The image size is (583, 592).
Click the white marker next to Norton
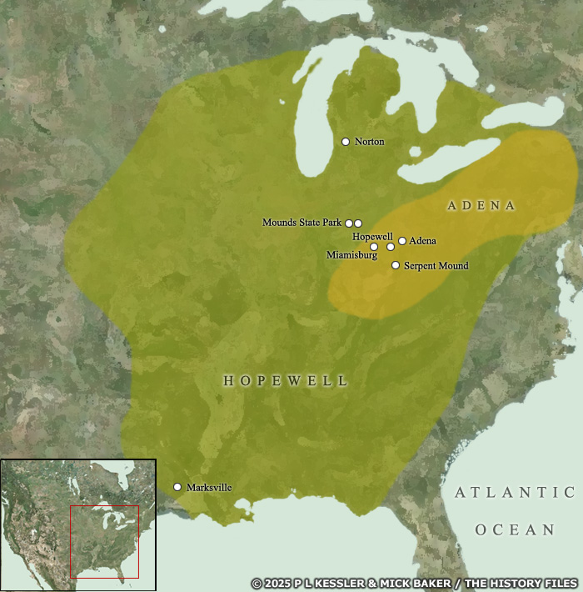coord(346,142)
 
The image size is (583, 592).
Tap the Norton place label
coord(369,142)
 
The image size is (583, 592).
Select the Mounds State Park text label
coord(302,223)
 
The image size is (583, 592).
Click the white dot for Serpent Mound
coord(396,265)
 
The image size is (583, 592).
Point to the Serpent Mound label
coord(436,266)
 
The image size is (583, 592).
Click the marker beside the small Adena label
coord(402,241)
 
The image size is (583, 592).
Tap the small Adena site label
coord(422,241)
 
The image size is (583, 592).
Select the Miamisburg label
coord(352,254)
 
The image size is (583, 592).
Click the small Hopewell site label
coord(372,237)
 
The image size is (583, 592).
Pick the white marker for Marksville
coord(177,487)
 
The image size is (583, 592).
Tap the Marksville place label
coord(209,487)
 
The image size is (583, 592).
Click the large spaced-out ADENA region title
coord(481,205)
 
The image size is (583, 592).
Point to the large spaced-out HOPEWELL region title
coord(286,380)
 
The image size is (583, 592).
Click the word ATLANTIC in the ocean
coord(515,493)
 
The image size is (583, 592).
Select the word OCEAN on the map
coord(515,529)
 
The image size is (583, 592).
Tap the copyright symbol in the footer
coord(257,583)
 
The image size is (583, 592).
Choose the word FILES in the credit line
coord(558,583)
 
